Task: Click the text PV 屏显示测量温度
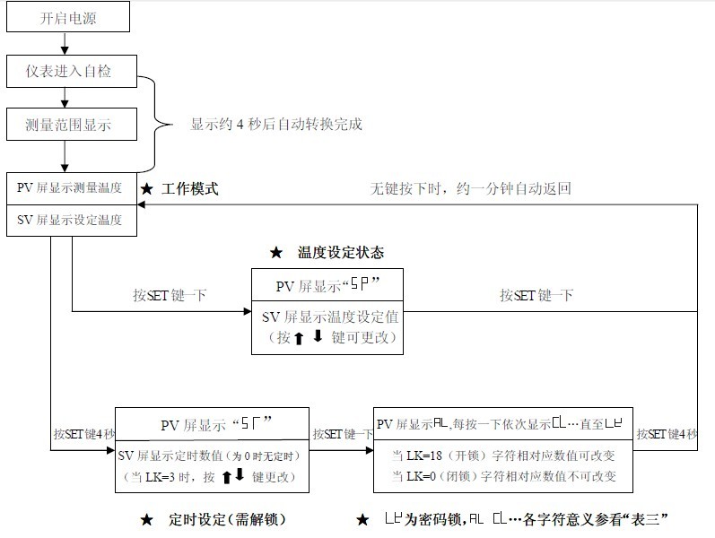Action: pos(69,188)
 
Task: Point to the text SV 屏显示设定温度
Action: pos(69,220)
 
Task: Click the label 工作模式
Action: pos(189,189)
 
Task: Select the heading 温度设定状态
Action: pos(340,252)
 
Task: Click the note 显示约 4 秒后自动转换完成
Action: pos(276,124)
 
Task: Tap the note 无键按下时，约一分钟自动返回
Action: pos(470,189)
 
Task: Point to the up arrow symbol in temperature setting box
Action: pos(299,339)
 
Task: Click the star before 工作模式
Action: pos(147,189)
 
